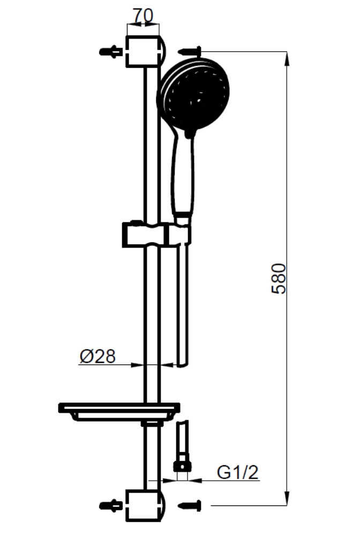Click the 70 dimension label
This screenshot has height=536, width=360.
pyautogui.click(x=143, y=15)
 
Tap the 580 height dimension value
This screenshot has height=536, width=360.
pyautogui.click(x=279, y=278)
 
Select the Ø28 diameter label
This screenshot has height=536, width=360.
pyautogui.click(x=97, y=356)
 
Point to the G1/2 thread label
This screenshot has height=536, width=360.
pyautogui.click(x=238, y=472)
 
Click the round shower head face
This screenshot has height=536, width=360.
pyautogui.click(x=193, y=95)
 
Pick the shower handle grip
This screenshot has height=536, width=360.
pyautogui.click(x=183, y=174)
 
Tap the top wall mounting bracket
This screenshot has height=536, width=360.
pyautogui.click(x=145, y=51)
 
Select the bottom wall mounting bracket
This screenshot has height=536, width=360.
pyautogui.click(x=145, y=506)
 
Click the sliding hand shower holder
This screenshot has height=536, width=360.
pyautogui.click(x=156, y=235)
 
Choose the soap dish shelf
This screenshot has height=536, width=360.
pyautogui.click(x=119, y=412)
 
